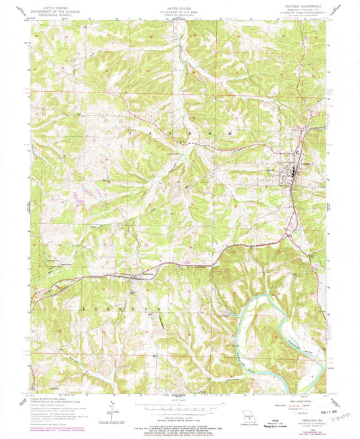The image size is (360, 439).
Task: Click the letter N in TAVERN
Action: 236,133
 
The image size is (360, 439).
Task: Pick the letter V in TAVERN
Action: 167,134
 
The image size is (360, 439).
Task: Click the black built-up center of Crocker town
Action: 291,176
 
